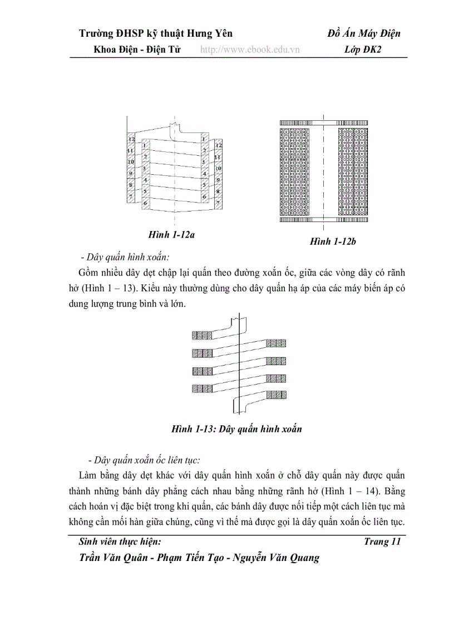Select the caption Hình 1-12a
click(x=171, y=235)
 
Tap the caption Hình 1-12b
click(x=333, y=242)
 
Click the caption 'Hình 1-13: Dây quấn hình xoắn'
click(x=236, y=429)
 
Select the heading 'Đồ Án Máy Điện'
click(x=364, y=33)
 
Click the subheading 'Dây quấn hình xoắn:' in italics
click(x=125, y=257)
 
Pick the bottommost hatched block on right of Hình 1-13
click(x=276, y=395)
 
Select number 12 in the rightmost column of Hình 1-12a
click(x=219, y=145)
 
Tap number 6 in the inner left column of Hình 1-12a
click(x=145, y=204)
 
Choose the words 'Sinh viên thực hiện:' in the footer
click(x=120, y=542)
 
